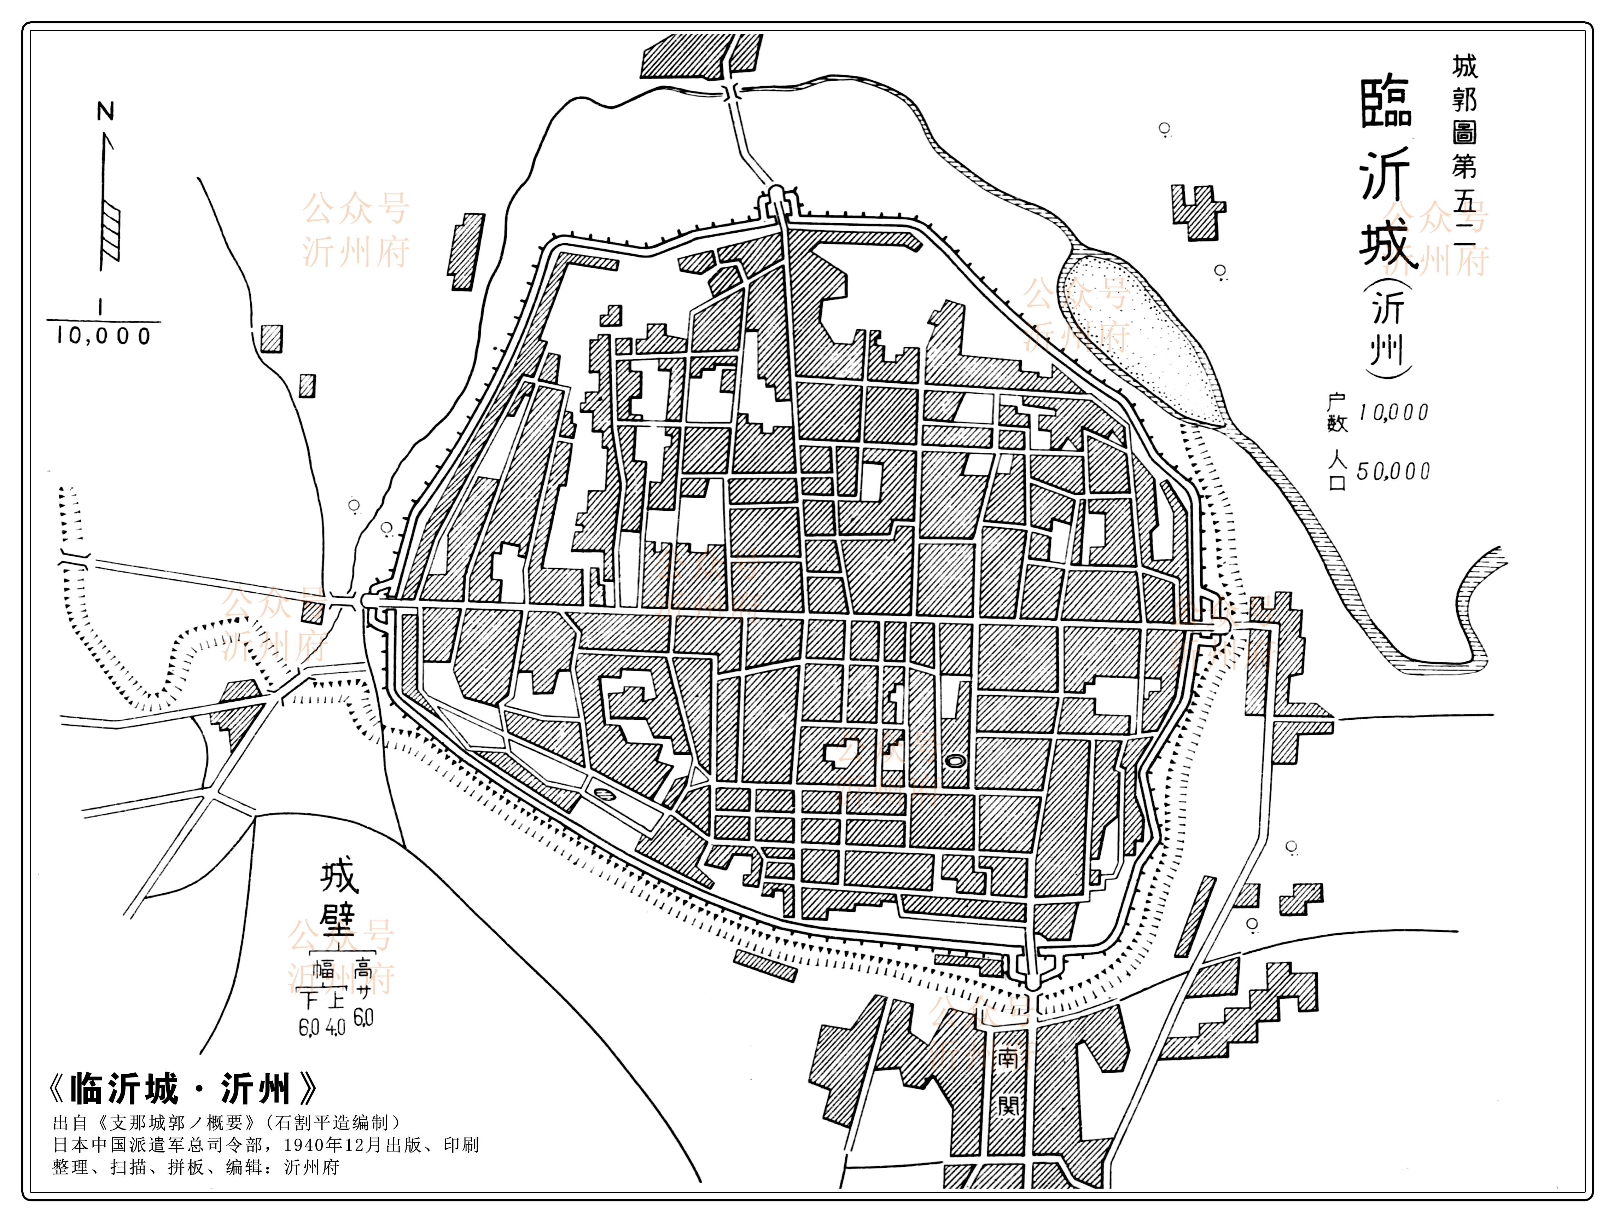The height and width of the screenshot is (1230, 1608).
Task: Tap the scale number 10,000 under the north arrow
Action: [103, 336]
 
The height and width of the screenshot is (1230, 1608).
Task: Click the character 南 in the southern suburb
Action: [1008, 1059]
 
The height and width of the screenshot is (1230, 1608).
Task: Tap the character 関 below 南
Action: [1008, 1104]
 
